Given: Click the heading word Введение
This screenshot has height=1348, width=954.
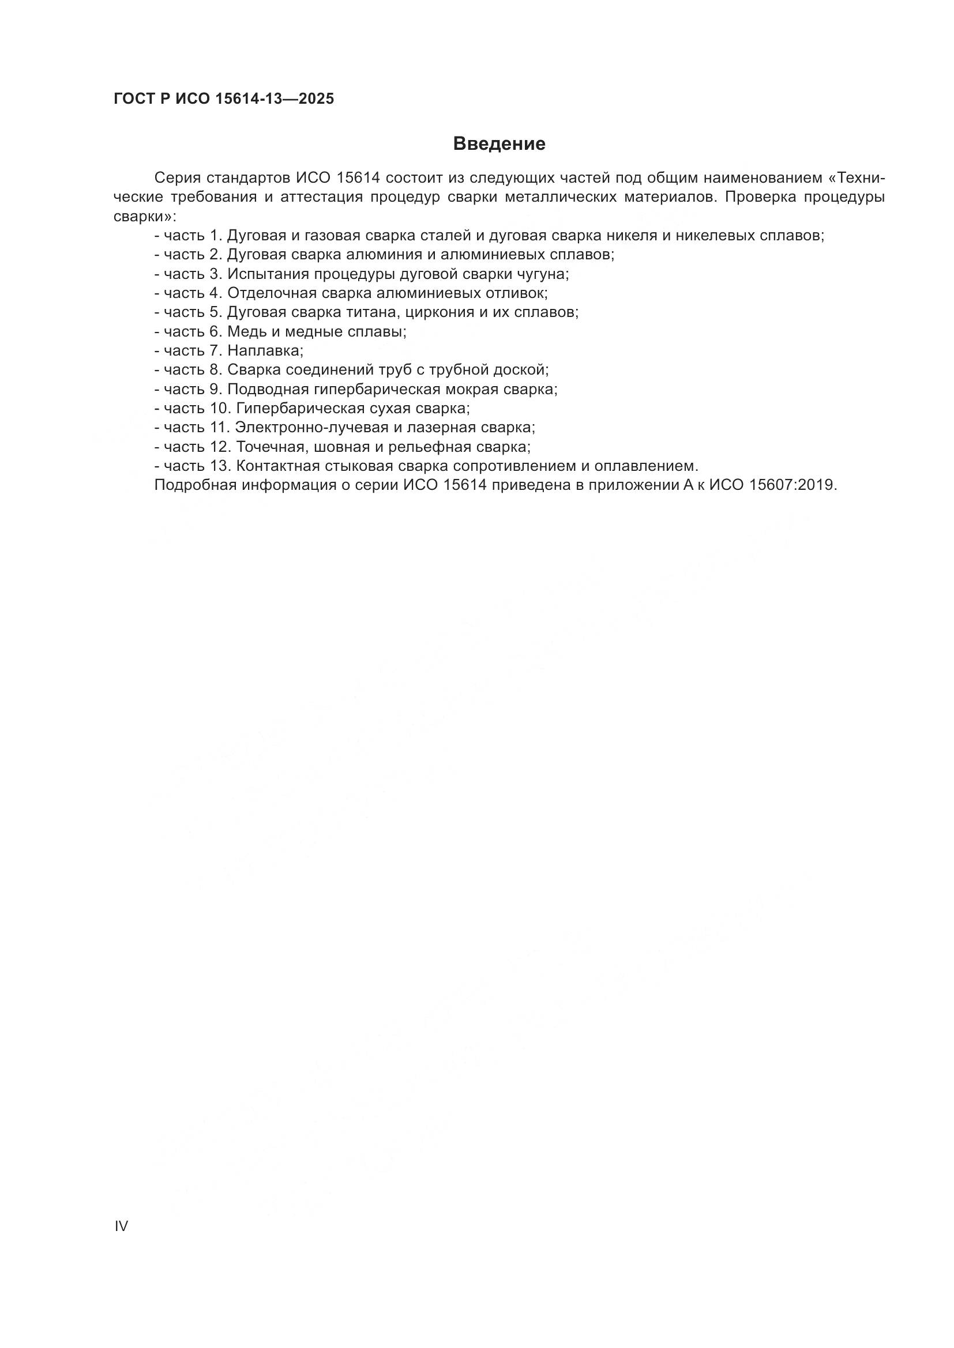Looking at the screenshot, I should [499, 144].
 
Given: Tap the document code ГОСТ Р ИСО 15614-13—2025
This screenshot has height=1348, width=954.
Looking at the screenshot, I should [223, 99].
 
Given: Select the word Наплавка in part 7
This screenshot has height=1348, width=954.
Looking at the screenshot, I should [264, 350].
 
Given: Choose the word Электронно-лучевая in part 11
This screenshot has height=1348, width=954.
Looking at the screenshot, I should [312, 428].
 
